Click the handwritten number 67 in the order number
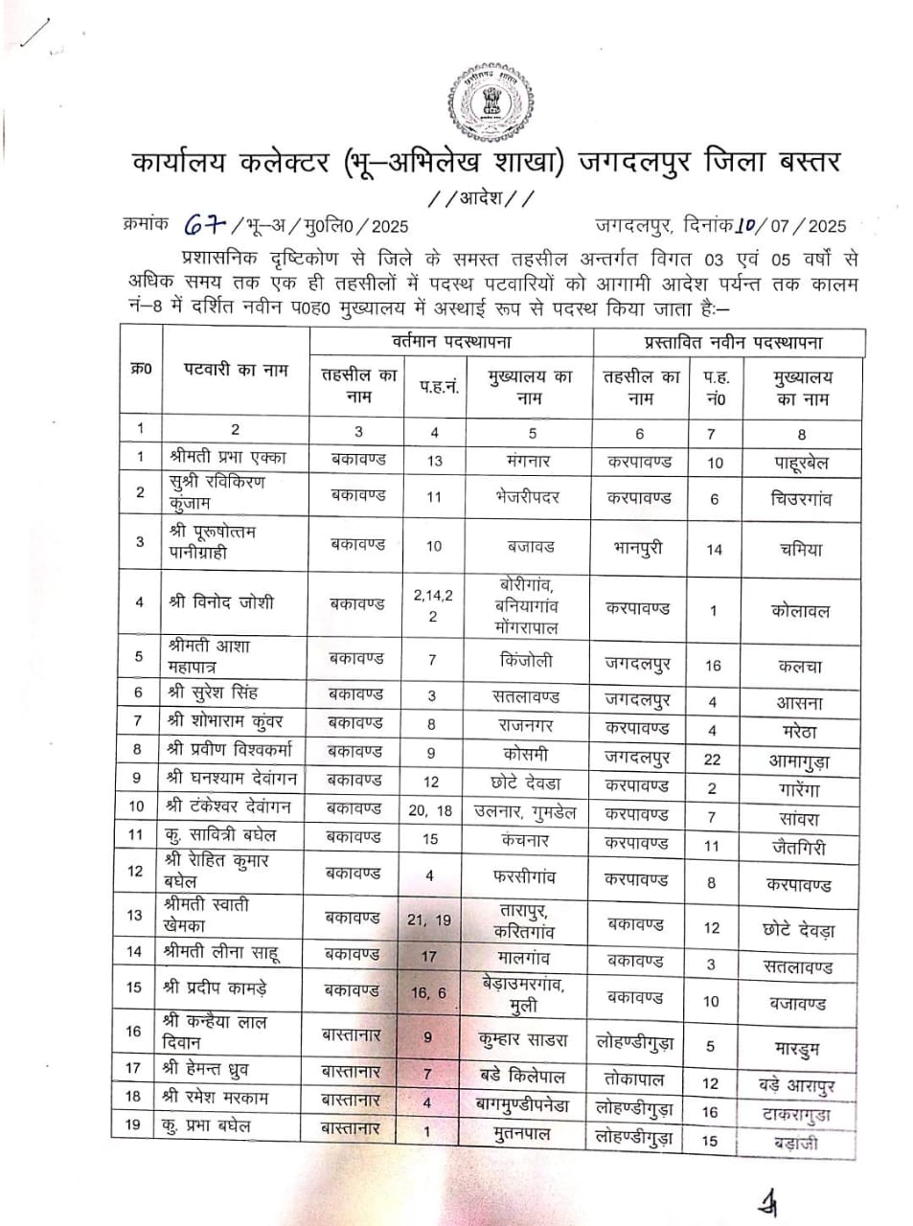coord(202,224)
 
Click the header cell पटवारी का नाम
coord(236,371)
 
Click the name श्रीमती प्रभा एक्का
coord(227,458)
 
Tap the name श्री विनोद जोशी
coord(220,602)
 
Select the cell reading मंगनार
coord(529,460)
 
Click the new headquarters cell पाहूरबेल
coord(801,464)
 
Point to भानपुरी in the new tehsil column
coord(637,549)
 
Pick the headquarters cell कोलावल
coord(800,610)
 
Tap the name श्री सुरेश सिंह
coord(212,692)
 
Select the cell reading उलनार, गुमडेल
coord(525,811)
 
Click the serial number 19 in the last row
coord(133,1124)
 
